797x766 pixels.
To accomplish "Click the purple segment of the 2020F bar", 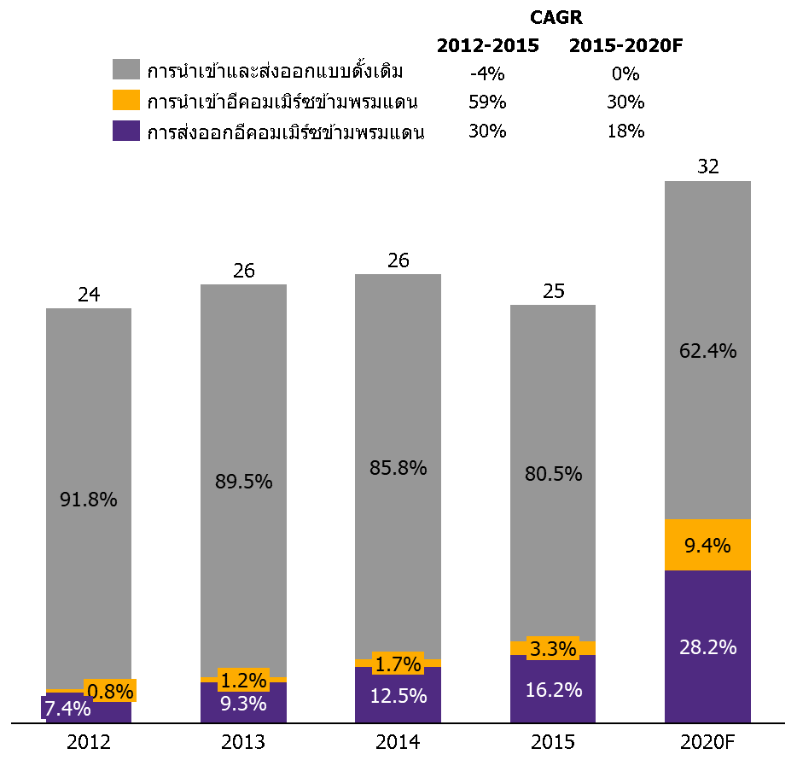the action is [707, 646].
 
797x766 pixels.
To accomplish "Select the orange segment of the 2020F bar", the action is [707, 545].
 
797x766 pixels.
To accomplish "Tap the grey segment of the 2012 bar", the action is [89, 499].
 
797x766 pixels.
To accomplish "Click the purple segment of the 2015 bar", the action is [553, 688].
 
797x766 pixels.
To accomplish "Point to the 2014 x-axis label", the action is [398, 742].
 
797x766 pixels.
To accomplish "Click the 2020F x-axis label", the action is [707, 742].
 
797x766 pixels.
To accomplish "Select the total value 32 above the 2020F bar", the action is [708, 167].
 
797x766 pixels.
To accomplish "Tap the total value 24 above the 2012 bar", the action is [89, 295].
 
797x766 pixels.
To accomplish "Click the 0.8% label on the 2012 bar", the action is [110, 691].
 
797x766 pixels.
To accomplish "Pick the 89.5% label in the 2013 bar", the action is [243, 481].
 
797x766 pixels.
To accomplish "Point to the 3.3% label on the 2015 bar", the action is [553, 648].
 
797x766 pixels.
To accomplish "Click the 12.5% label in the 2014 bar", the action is [398, 696].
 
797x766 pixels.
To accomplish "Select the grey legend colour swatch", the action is [126, 69].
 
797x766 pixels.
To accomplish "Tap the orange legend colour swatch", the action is [126, 100].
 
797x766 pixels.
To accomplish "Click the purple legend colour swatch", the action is [126, 131].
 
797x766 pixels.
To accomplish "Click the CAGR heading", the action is [556, 17].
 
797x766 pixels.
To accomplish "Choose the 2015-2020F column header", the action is [625, 46].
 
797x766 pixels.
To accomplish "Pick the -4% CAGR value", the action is [487, 73].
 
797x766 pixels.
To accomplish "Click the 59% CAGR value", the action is [487, 102].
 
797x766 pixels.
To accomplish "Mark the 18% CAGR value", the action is [625, 132].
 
